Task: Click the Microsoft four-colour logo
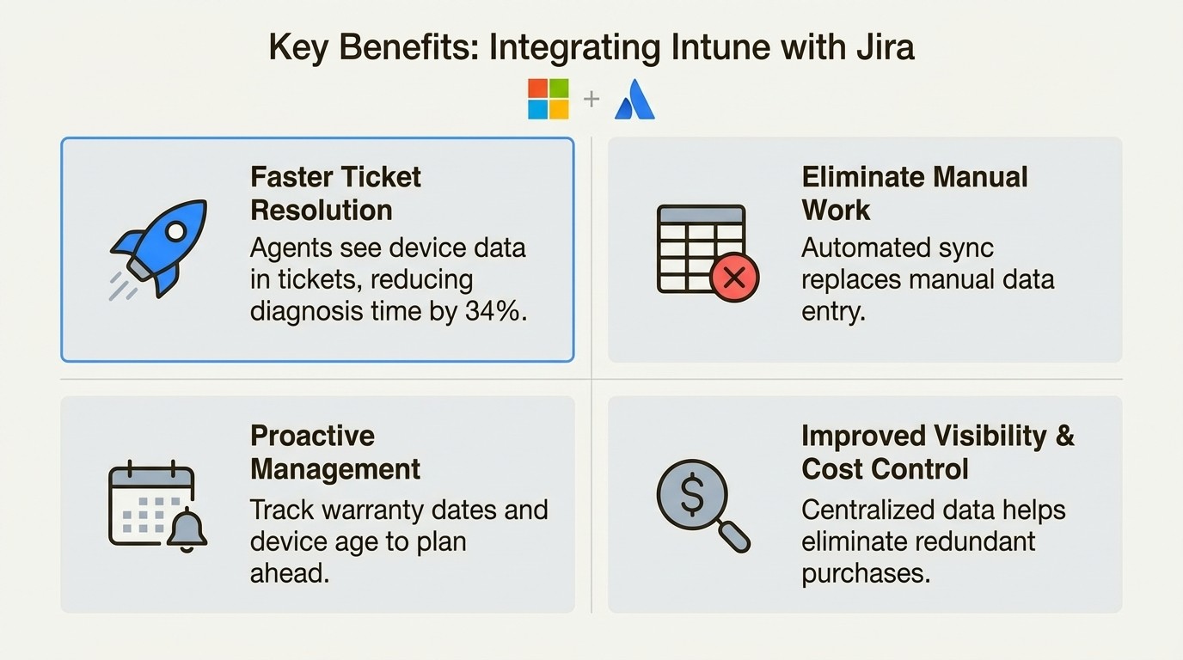pyautogui.click(x=548, y=99)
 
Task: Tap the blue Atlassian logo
pyautogui.click(x=634, y=100)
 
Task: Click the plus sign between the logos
pyautogui.click(x=591, y=99)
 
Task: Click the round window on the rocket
pyautogui.click(x=175, y=230)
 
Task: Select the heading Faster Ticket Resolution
pyautogui.click(x=335, y=193)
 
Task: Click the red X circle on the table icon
pyautogui.click(x=734, y=277)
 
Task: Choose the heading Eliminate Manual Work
pyautogui.click(x=914, y=193)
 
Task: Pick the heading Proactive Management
pyautogui.click(x=334, y=452)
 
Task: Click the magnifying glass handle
pyautogui.click(x=733, y=537)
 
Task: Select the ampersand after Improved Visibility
pyautogui.click(x=1064, y=436)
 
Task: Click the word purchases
pyautogui.click(x=866, y=572)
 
